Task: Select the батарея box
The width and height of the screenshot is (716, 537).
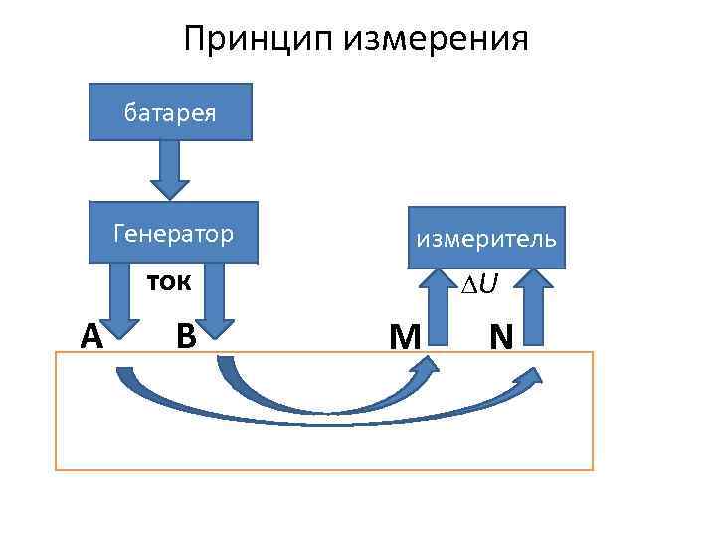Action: (170, 110)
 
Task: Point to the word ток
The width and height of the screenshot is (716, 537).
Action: (170, 281)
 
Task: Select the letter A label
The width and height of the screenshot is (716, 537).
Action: (91, 337)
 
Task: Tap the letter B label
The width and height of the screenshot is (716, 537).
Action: (185, 335)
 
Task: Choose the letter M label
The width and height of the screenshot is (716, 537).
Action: (404, 338)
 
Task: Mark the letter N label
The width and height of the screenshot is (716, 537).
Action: (501, 337)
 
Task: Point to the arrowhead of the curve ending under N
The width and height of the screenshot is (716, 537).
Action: (532, 377)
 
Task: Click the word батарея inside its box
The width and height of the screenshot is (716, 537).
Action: (170, 111)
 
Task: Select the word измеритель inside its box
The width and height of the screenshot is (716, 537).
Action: (486, 240)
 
